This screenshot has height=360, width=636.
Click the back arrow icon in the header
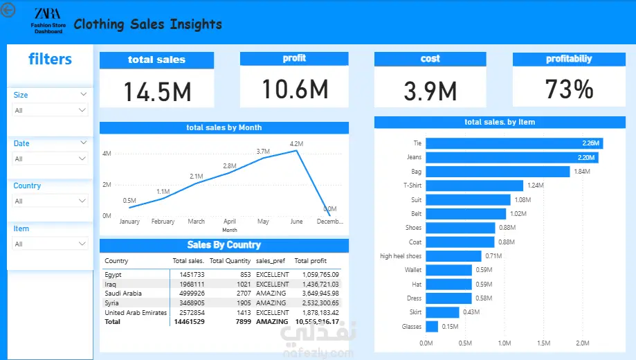[8, 10]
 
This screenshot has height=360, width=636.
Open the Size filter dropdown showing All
[51, 110]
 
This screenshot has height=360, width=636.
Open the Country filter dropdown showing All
[51, 201]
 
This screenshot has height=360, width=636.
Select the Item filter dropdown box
[51, 244]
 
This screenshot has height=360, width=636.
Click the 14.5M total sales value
[157, 91]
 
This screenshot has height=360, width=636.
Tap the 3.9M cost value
[430, 91]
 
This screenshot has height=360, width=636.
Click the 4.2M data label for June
[297, 143]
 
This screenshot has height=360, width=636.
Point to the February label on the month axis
[163, 222]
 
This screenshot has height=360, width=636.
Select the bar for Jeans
[511, 157]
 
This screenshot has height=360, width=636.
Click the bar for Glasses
[432, 326]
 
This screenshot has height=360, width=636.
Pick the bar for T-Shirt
[474, 186]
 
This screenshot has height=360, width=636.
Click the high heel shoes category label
[401, 256]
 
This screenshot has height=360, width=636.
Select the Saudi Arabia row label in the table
[123, 293]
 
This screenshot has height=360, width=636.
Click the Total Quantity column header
[230, 261]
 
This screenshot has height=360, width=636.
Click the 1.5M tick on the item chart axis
[543, 343]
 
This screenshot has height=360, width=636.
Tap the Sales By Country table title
[224, 245]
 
